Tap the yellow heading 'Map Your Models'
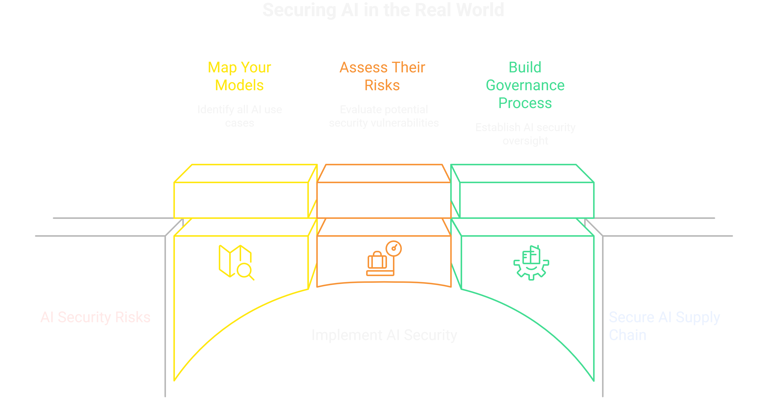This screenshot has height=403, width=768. coord(239,76)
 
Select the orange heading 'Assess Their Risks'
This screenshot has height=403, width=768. coord(382,76)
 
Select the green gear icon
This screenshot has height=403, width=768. coord(531,263)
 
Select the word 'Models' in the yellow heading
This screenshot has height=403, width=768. coord(239,86)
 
